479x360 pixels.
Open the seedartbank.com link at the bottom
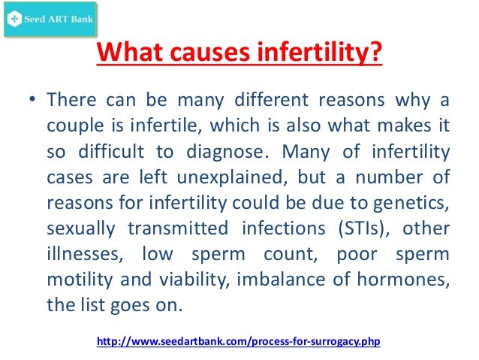[x=239, y=342]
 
